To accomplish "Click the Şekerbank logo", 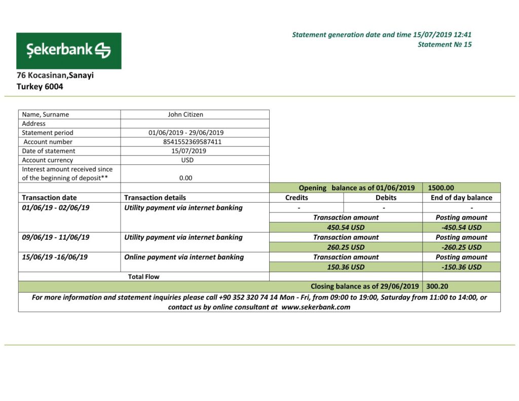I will point(68,51).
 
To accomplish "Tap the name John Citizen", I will point(186,115).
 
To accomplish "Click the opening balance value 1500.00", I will point(440,188).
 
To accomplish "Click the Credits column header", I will point(296,198).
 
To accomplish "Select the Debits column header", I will point(386,198).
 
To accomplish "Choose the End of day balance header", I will point(461,198).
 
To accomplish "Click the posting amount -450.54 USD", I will point(461,228).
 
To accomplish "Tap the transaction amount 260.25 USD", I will point(346,247).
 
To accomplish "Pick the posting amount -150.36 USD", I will point(461,267).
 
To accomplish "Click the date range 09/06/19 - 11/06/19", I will point(56,237).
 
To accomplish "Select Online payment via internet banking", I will point(184,257).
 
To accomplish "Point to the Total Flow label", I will point(143,277).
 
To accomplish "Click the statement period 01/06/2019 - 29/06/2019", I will point(186,133).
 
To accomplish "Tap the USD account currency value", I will point(187,160).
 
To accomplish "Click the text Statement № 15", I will point(444,45).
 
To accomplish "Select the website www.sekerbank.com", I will point(316,307).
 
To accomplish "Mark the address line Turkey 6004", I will point(40,87).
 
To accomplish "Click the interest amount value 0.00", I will point(186,178).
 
